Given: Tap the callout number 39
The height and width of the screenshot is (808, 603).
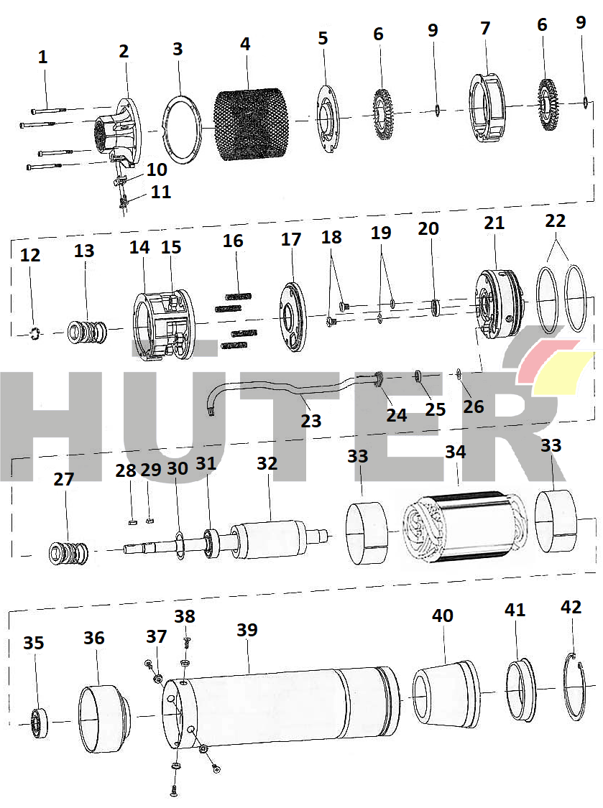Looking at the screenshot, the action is click(247, 630).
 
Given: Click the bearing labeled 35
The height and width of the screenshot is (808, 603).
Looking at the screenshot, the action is click(39, 723).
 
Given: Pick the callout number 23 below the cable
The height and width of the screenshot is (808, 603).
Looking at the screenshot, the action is click(311, 421).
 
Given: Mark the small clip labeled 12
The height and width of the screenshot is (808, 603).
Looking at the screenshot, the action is click(34, 333).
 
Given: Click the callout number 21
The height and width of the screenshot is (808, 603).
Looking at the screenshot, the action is click(494, 223).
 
